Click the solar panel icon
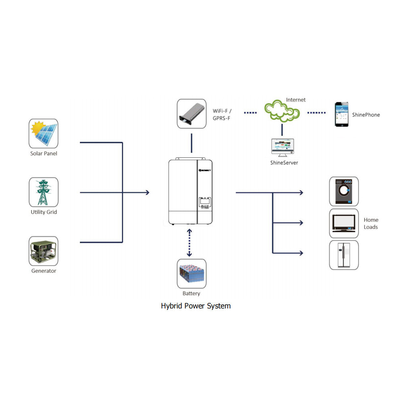point(44,134)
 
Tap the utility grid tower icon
point(44,192)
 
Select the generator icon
point(44,251)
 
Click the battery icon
point(192,274)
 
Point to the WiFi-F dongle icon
point(192,114)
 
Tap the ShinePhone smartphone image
point(341,114)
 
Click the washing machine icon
point(344,192)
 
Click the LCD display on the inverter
point(205,202)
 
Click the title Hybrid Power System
point(196,306)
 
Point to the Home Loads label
point(371,223)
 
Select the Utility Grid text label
point(44,212)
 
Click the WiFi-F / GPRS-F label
point(222,114)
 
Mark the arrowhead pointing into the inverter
point(147,193)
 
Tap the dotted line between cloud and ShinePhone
point(316,112)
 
